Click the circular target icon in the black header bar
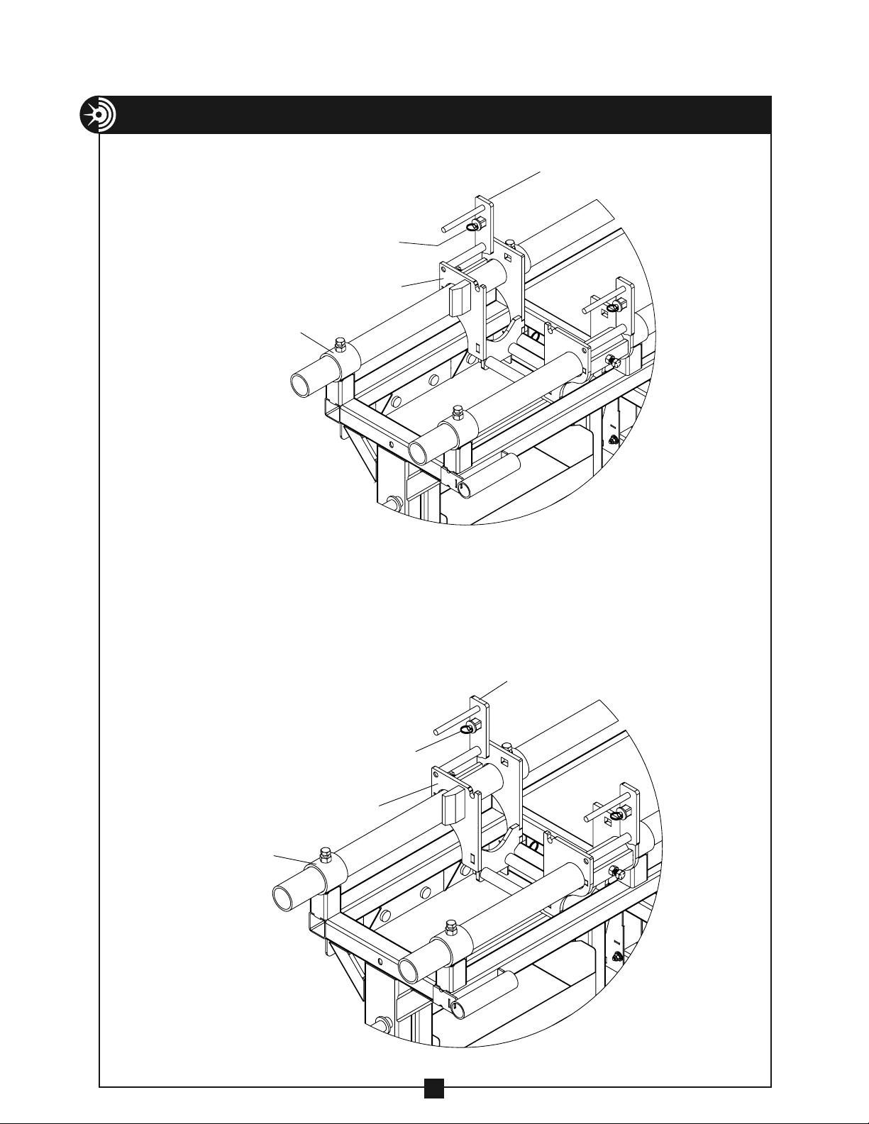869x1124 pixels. click(x=98, y=115)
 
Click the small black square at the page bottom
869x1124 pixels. click(x=434, y=1108)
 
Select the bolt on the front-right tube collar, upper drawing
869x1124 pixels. click(x=457, y=411)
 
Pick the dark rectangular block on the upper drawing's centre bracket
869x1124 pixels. click(x=458, y=298)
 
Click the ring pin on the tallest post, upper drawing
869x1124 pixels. click(x=472, y=226)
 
